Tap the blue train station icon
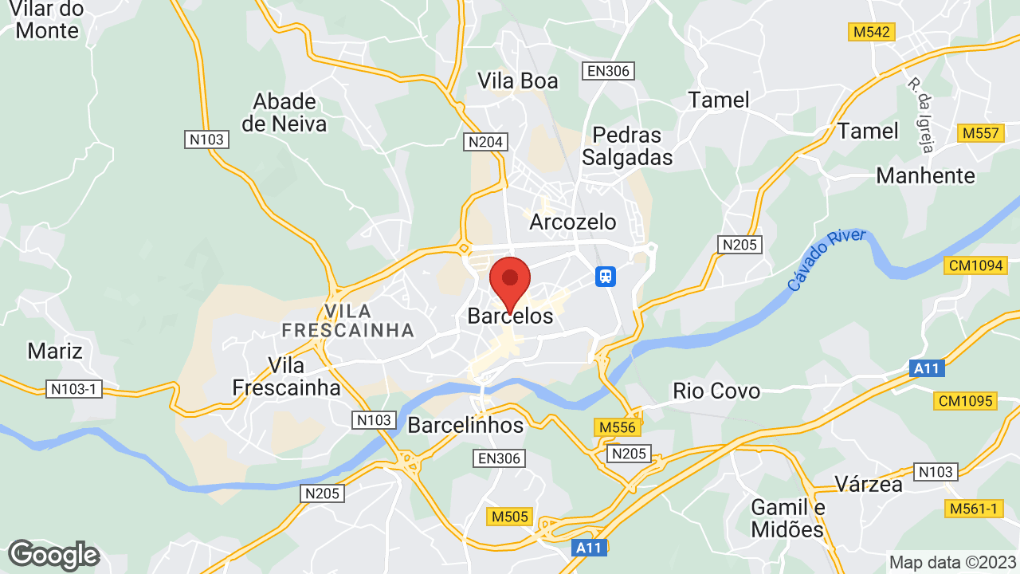pyautogui.click(x=606, y=276)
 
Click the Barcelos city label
pyautogui.click(x=510, y=316)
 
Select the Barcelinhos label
pyautogui.click(x=465, y=425)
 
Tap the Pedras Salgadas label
pyautogui.click(x=627, y=146)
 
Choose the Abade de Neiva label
pyautogui.click(x=284, y=112)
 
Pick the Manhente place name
pyautogui.click(x=925, y=175)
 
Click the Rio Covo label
pyautogui.click(x=716, y=391)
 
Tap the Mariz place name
pyautogui.click(x=55, y=350)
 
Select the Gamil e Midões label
pyautogui.click(x=787, y=518)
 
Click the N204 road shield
pyautogui.click(x=484, y=142)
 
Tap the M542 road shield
pyautogui.click(x=871, y=32)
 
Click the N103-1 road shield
pyautogui.click(x=73, y=389)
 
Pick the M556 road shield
pyautogui.click(x=618, y=428)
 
